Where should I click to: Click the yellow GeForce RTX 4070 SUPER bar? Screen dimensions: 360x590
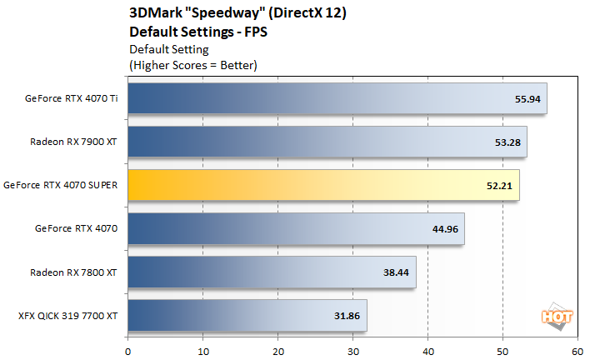[323, 185]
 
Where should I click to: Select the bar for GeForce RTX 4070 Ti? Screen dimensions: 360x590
[337, 98]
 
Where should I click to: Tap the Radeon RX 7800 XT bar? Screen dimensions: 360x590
[272, 272]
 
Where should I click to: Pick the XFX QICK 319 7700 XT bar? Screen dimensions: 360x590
[247, 316]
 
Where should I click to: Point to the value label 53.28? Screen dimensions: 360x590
[507, 142]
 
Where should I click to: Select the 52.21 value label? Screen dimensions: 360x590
[499, 185]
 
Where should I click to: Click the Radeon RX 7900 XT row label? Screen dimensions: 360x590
[73, 142]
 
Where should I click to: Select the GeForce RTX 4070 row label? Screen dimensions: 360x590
[77, 228]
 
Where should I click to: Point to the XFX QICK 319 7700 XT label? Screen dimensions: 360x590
[67, 316]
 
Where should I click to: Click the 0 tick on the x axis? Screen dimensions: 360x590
[127, 351]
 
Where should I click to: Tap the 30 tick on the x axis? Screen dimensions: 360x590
[352, 351]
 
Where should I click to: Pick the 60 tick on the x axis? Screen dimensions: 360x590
[577, 351]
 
